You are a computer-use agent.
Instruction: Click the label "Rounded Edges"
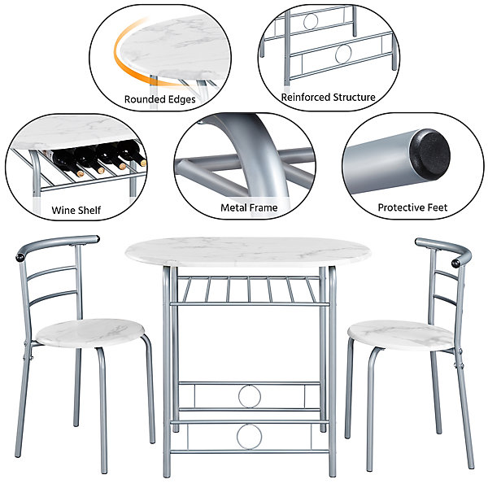159,99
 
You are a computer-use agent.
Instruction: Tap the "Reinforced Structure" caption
328,97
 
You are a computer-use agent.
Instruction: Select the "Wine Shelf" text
76,210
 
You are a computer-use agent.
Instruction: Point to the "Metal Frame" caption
249,207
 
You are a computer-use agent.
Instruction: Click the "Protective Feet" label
412,207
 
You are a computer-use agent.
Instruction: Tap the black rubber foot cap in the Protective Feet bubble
429,155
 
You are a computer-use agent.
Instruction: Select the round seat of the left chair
90,333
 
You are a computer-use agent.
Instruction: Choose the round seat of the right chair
400,335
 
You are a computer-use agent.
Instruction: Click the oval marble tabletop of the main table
248,252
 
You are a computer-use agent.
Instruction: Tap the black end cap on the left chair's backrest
20,258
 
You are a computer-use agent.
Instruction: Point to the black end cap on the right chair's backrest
456,263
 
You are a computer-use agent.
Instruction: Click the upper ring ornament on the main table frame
250,396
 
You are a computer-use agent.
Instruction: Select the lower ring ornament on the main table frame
249,437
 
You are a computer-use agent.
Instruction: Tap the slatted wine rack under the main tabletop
249,290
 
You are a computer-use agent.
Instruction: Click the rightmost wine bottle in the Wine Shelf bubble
133,153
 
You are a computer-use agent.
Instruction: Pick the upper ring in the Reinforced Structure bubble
311,21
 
